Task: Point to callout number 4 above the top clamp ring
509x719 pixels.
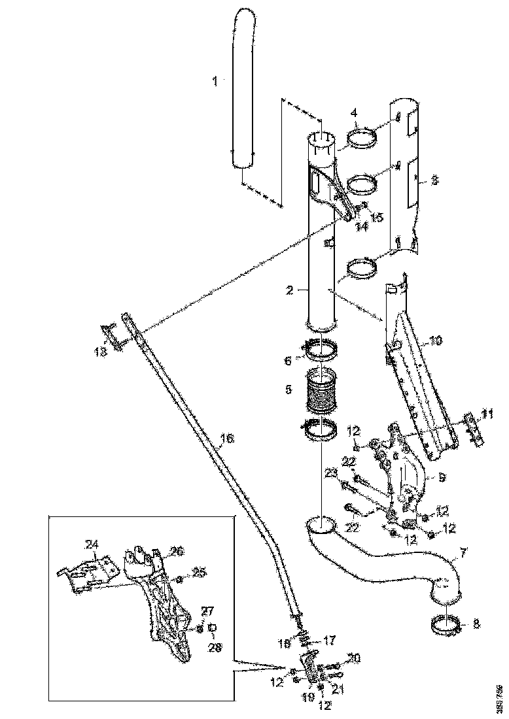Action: click(x=354, y=113)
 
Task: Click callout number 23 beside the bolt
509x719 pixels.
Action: click(x=331, y=475)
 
